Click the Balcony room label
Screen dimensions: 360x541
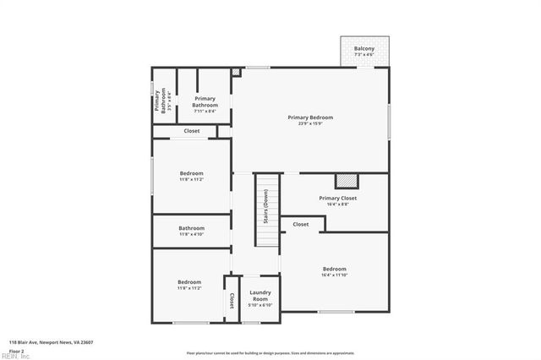pyautogui.click(x=364, y=48)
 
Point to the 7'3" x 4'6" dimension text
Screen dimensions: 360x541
pyautogui.click(x=364, y=55)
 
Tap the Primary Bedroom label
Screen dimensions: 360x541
pyautogui.click(x=309, y=117)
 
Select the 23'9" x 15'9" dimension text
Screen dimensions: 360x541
pyautogui.click(x=309, y=123)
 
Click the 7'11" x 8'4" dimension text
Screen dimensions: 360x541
pyautogui.click(x=205, y=111)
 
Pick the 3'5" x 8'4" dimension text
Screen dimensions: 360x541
pyautogui.click(x=168, y=101)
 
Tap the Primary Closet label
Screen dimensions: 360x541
pyautogui.click(x=337, y=198)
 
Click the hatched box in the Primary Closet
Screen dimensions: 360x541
pyautogui.click(x=347, y=179)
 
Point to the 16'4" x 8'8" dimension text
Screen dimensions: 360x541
pyautogui.click(x=337, y=204)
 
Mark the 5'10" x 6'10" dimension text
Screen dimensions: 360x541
pyautogui.click(x=260, y=305)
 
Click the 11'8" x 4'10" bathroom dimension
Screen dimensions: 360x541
pyautogui.click(x=191, y=234)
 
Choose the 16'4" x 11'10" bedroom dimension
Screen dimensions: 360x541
pyautogui.click(x=335, y=275)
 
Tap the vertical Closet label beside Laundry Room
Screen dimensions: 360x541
pyautogui.click(x=231, y=300)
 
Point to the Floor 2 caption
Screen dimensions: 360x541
pyautogui.click(x=17, y=350)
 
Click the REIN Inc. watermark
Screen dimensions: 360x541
pyautogui.click(x=15, y=356)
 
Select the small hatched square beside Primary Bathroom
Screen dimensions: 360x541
pyautogui.click(x=236, y=73)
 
